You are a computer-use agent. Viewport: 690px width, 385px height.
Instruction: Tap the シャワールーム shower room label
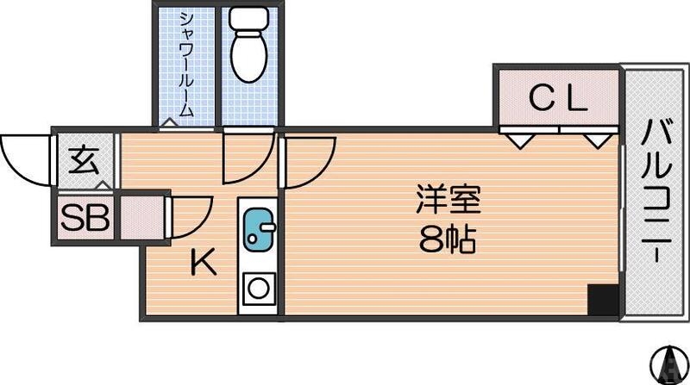pos(186,65)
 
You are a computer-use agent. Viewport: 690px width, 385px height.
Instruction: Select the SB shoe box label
pos(85,218)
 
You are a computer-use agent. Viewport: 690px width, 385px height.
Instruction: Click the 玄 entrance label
pos(84,162)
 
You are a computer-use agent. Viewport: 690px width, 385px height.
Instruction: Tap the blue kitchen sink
pos(257,229)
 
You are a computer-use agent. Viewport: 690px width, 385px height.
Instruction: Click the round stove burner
pos(257,289)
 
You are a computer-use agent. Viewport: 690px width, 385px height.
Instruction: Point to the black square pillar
pos(603,300)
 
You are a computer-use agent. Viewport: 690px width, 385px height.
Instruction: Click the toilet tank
pos(250,20)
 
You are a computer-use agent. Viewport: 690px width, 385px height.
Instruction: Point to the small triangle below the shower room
pos(170,123)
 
